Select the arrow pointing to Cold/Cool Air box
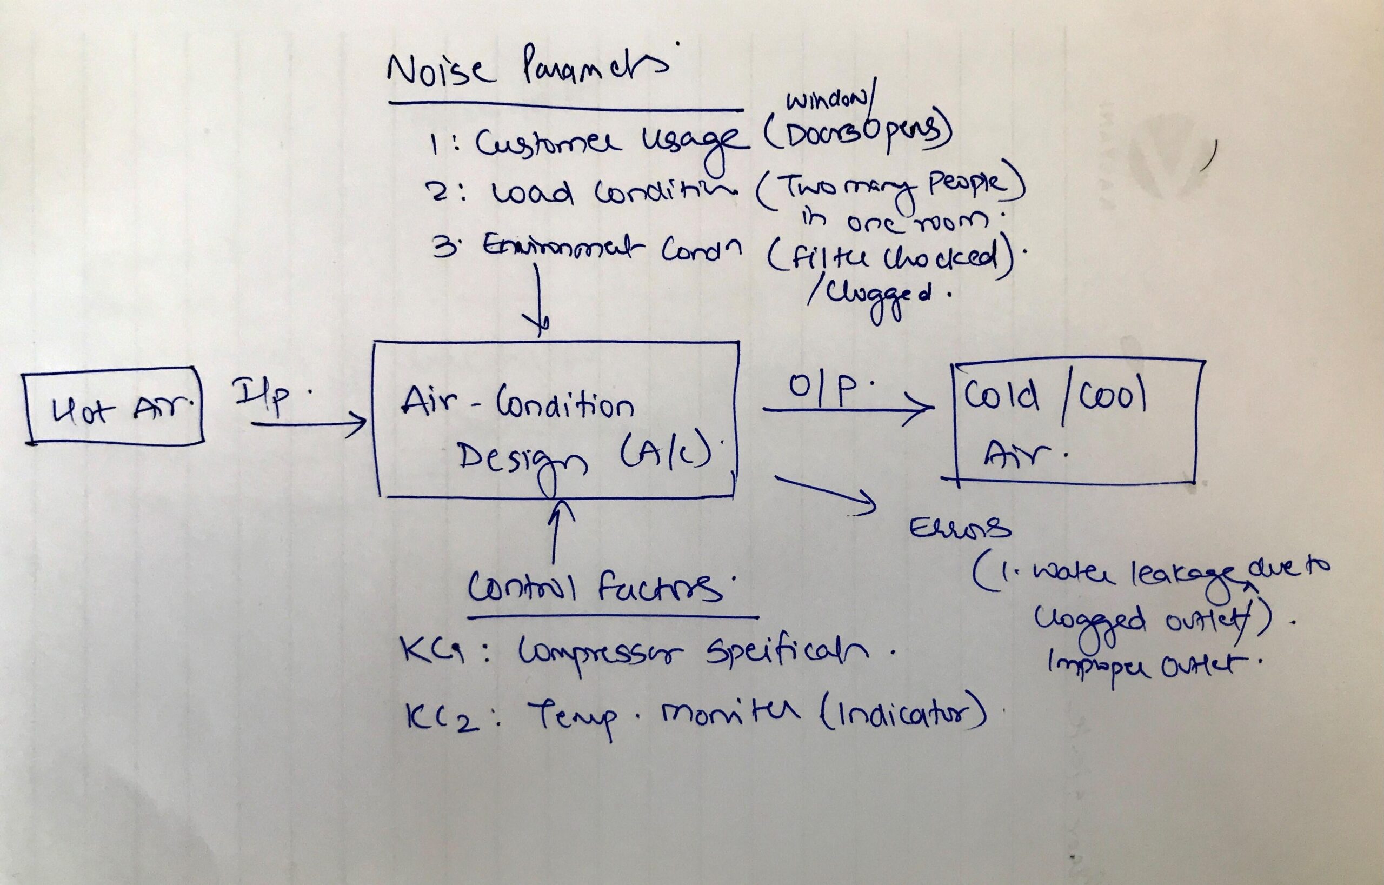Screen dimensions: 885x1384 847,409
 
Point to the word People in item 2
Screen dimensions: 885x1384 966,185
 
